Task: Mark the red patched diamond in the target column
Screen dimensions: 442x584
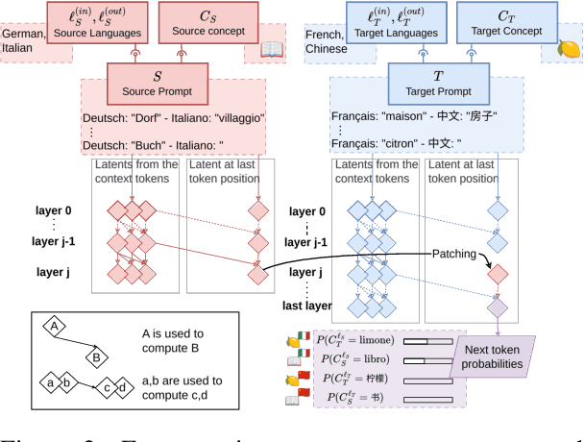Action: [498, 274]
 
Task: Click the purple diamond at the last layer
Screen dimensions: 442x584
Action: [498, 307]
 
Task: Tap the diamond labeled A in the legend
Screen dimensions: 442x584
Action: [55, 327]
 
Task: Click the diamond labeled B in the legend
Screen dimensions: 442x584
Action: [98, 358]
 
